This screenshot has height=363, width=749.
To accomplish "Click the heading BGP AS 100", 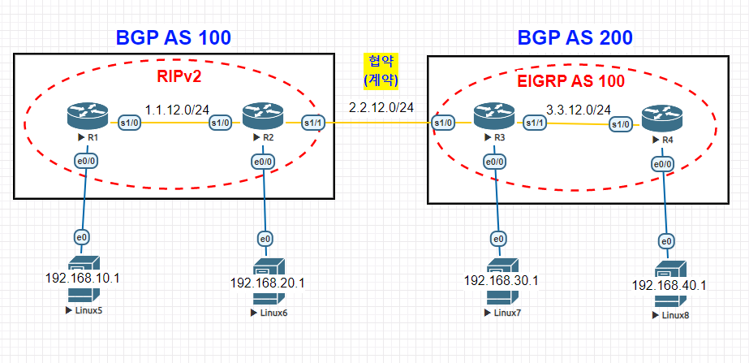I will point(174,37).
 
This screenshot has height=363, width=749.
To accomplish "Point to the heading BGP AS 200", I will point(575,37).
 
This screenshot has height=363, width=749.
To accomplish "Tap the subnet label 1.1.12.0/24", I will point(178,108).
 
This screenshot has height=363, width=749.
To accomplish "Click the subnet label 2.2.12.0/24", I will point(381,107).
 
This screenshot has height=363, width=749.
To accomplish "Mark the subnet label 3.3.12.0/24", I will point(579,108).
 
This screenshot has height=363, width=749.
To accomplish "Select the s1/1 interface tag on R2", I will point(312,123).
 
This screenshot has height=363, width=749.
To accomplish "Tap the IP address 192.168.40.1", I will point(669,286).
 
